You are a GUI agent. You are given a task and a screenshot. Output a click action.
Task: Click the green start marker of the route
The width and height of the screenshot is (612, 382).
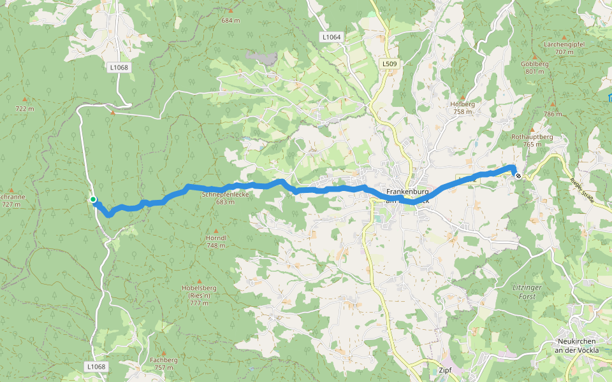pyautogui.click(x=93, y=200)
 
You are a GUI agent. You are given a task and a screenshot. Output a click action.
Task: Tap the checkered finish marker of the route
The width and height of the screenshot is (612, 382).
pyautogui.click(x=518, y=176)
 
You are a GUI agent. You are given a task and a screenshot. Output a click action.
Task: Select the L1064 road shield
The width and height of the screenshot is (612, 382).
pyautogui.click(x=331, y=38)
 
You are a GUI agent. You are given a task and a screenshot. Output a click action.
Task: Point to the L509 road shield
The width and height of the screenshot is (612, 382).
pyautogui.click(x=390, y=64)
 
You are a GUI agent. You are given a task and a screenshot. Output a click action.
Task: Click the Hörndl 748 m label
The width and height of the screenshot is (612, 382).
pyautogui.click(x=216, y=241)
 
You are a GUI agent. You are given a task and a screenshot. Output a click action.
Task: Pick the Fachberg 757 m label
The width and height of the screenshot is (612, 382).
pyautogui.click(x=164, y=364)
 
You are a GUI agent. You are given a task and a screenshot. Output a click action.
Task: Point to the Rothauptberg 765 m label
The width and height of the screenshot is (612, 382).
pyautogui.click(x=532, y=140)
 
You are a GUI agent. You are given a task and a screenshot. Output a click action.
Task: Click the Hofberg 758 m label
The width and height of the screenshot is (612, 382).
pyautogui.click(x=463, y=108)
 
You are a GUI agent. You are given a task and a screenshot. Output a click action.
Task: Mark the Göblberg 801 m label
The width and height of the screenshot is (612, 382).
pyautogui.click(x=534, y=67)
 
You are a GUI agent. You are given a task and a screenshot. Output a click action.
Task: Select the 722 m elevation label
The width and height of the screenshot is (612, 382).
pyautogui.click(x=24, y=109)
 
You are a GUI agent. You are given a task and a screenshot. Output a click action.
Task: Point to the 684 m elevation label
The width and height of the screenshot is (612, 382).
pyautogui.click(x=231, y=20)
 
